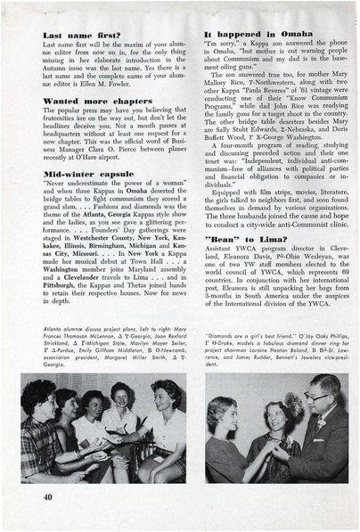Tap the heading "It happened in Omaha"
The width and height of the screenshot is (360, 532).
(x=246, y=33)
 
